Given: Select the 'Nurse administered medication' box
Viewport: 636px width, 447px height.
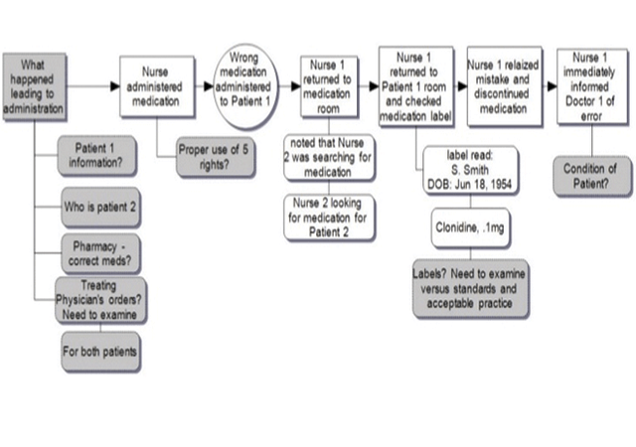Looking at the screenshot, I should [156, 87].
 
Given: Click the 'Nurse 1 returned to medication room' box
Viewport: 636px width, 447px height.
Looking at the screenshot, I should [329, 87].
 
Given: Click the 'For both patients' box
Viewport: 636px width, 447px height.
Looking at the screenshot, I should [100, 352].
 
